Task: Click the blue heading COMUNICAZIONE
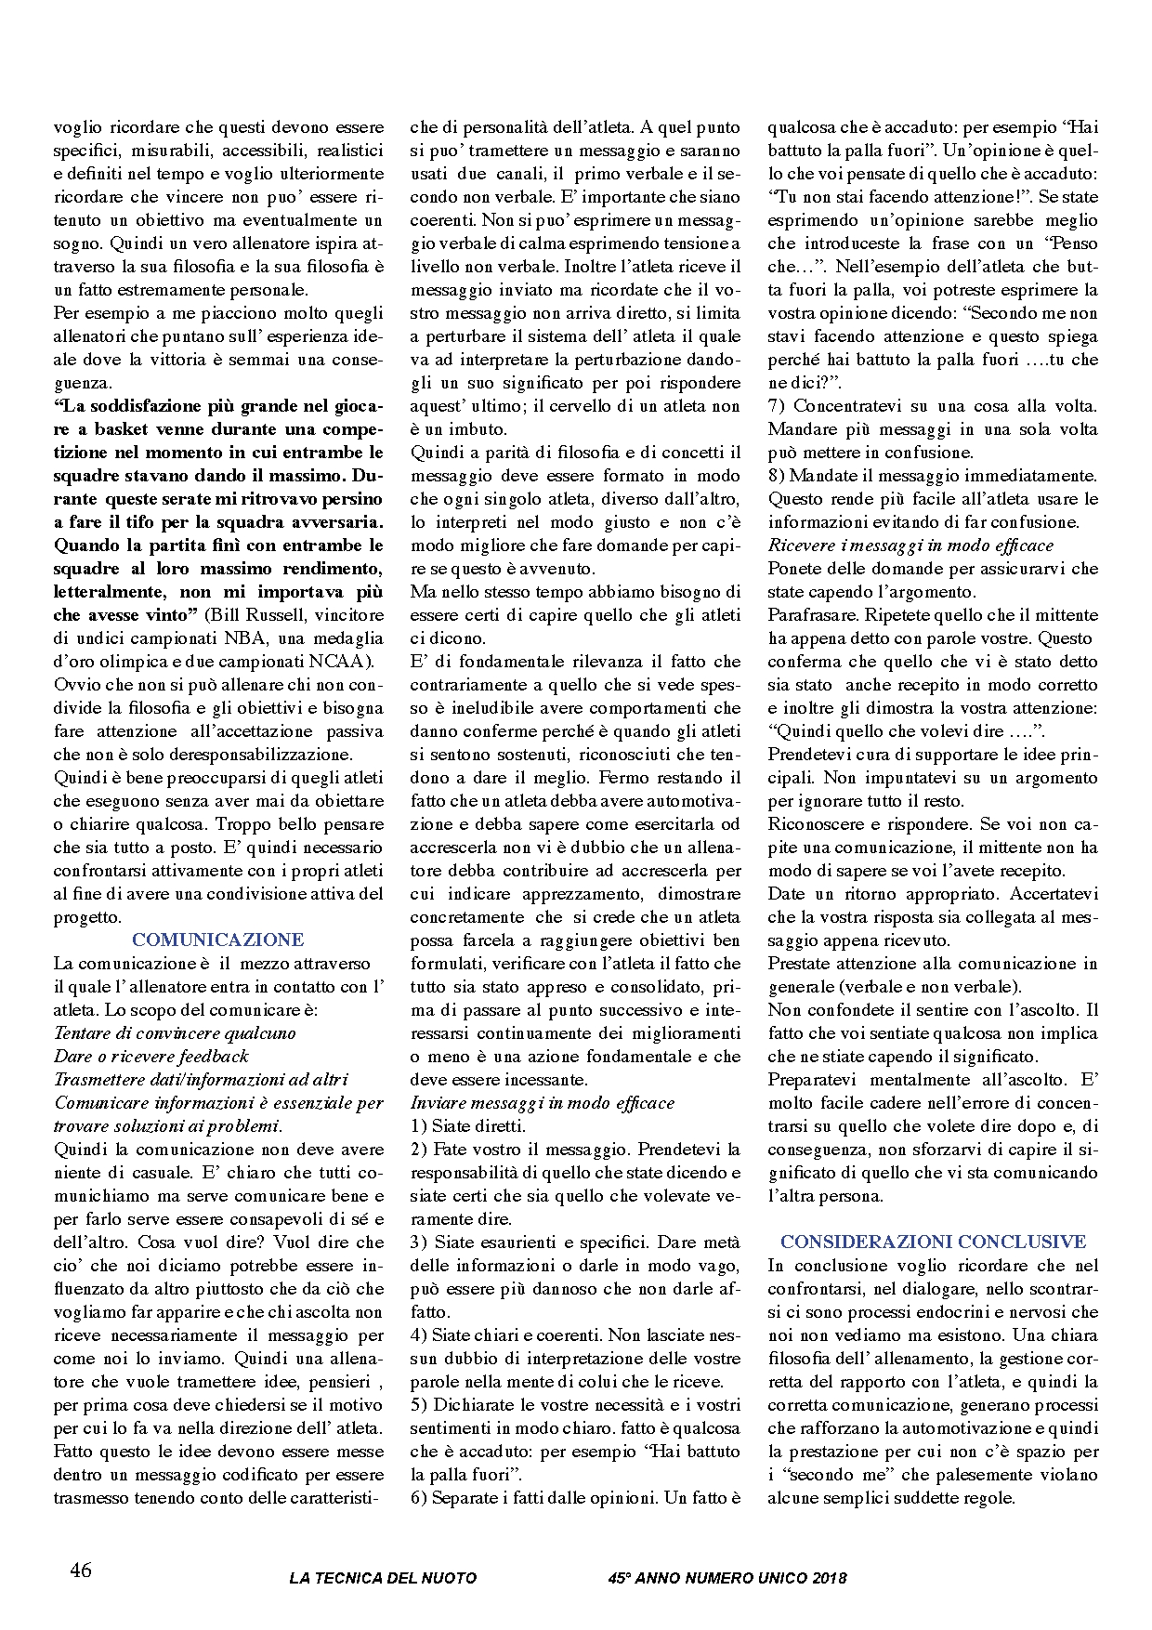pos(218,940)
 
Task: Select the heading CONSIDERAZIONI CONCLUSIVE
pos(933,1242)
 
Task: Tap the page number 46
pos(81,1570)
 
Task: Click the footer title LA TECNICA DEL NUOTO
pos(383,1577)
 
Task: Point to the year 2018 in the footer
pos(829,1577)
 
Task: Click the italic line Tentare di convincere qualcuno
pos(175,1032)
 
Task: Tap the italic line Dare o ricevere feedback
pos(151,1056)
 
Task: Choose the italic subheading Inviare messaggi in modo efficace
pos(543,1102)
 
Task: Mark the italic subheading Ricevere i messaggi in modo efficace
pos(910,545)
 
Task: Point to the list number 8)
pos(777,475)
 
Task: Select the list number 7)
pos(777,405)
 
